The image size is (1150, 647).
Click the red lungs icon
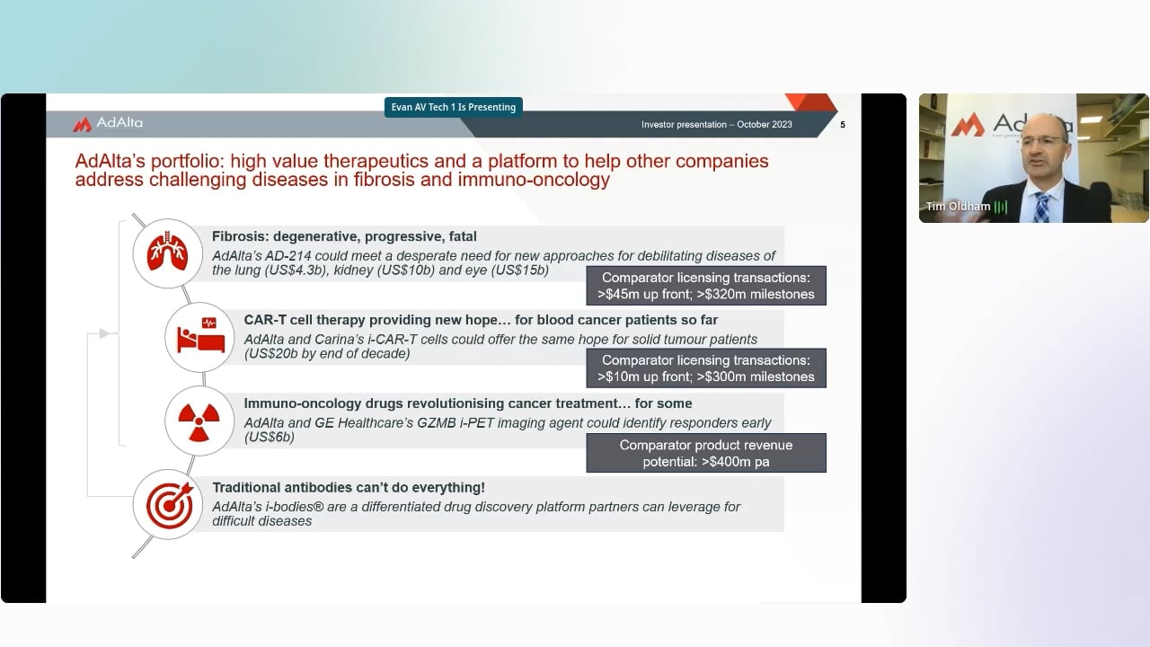(167, 253)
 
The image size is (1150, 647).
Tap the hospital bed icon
(200, 335)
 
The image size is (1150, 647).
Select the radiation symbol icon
(199, 421)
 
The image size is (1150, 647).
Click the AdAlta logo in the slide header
(108, 123)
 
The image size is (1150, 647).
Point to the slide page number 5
(843, 125)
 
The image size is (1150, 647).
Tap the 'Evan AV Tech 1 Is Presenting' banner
(454, 107)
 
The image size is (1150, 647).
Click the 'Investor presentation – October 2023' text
(717, 124)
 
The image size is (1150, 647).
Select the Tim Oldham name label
(958, 207)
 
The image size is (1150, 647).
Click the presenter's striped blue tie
(1041, 207)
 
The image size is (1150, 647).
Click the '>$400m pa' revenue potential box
(706, 453)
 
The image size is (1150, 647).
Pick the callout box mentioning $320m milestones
(706, 286)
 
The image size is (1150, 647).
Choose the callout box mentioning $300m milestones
(706, 368)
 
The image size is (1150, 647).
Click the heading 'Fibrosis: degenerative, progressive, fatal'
(344, 236)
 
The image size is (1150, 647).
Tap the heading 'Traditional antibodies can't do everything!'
(349, 487)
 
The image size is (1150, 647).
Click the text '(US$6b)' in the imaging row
(269, 437)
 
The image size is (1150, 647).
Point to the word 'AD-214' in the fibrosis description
(288, 256)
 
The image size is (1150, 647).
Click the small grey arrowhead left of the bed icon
(104, 333)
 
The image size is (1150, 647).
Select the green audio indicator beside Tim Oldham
(1001, 207)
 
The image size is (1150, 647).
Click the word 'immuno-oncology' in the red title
(534, 180)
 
